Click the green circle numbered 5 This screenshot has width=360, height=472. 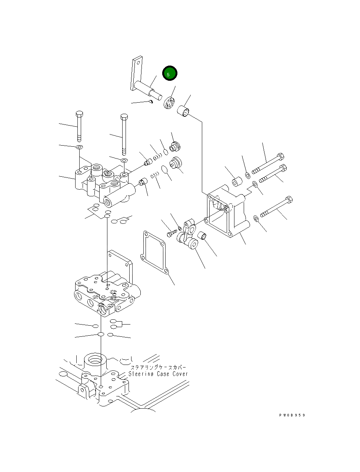click(170, 74)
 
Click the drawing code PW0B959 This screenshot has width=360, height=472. click(292, 415)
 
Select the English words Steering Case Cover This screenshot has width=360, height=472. click(158, 374)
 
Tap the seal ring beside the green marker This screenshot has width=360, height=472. click(169, 103)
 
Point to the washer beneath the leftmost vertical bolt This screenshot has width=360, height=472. click(79, 148)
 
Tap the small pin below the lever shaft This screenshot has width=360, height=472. click(150, 101)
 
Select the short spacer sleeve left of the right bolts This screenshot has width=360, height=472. click(237, 182)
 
